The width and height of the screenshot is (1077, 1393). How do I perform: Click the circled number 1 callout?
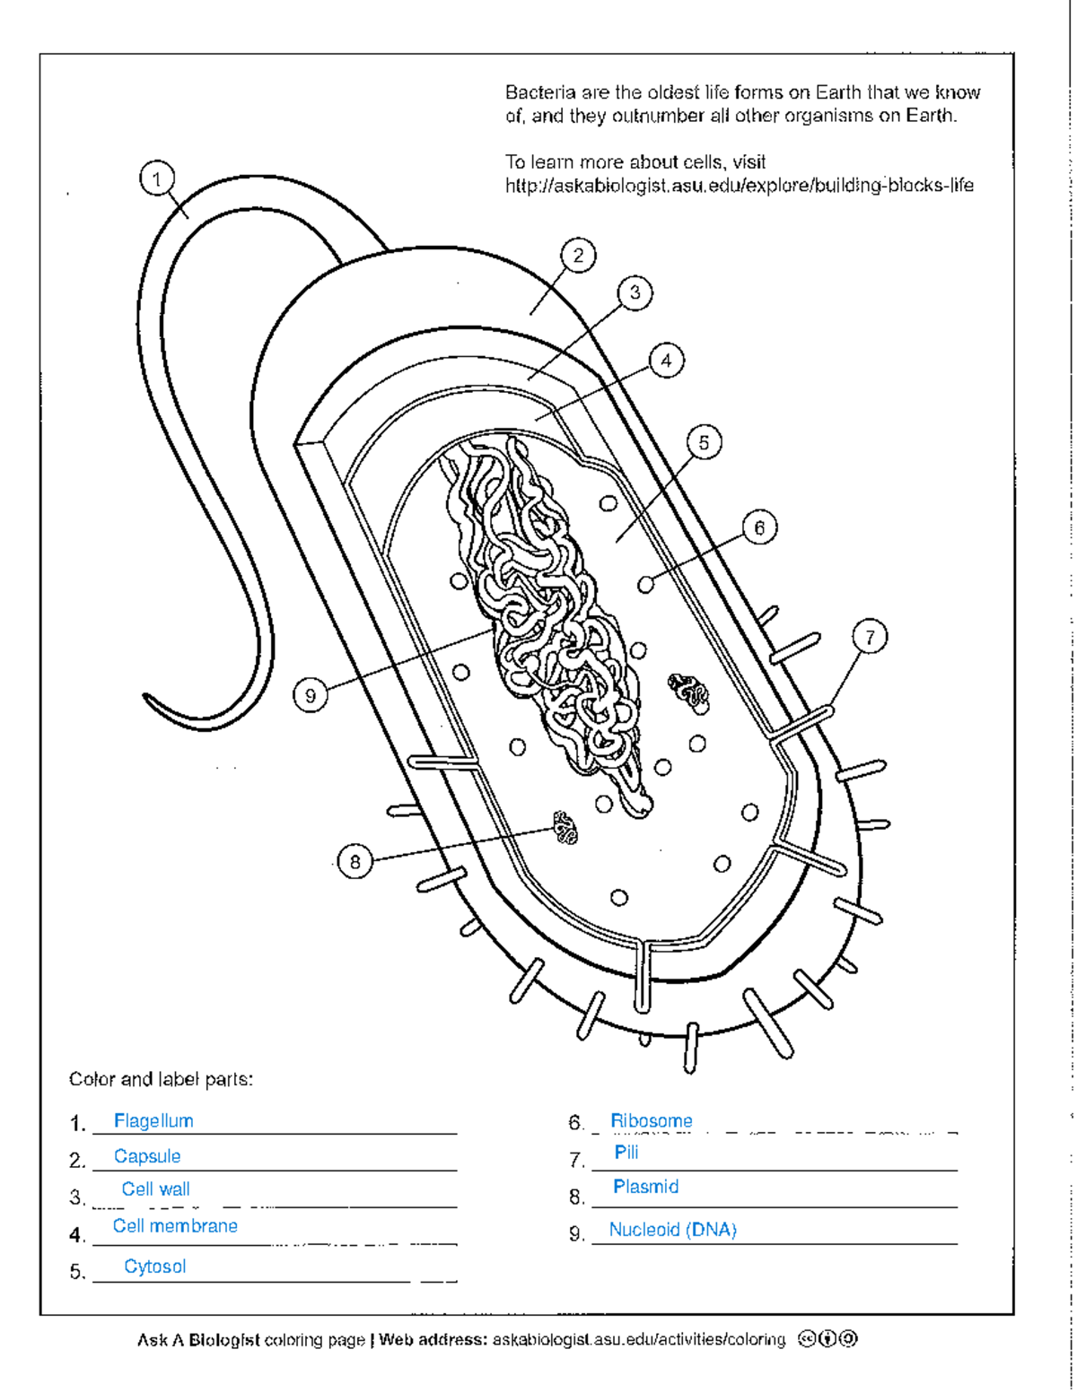(157, 179)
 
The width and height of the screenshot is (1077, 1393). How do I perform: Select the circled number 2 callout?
(578, 256)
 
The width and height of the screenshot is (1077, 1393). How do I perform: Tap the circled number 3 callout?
(635, 293)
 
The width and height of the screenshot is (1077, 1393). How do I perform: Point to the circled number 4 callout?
(666, 361)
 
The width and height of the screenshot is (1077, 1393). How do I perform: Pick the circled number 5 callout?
(704, 443)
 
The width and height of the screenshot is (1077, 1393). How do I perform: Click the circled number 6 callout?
(759, 528)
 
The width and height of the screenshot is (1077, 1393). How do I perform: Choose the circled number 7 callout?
(870, 638)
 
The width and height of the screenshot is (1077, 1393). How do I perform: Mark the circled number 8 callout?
(355, 863)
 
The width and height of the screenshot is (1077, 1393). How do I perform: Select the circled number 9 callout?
(311, 696)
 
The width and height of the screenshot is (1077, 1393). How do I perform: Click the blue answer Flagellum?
(153, 1121)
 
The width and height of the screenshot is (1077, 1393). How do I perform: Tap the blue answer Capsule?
(147, 1156)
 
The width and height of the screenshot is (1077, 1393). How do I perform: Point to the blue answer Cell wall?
(156, 1189)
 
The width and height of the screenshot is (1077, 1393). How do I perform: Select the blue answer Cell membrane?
(175, 1226)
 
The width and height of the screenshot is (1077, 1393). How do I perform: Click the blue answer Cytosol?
(155, 1267)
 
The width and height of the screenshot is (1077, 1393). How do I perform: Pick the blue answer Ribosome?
(652, 1121)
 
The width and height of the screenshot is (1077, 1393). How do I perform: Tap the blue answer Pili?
(626, 1153)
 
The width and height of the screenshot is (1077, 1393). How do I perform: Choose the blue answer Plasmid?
(646, 1187)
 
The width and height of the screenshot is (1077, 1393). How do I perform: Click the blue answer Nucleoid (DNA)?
(673, 1230)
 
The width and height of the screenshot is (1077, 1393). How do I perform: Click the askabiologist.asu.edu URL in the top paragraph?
(739, 186)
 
